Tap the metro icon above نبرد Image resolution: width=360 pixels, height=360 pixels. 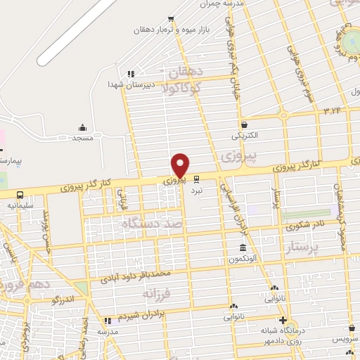click(x=197, y=179)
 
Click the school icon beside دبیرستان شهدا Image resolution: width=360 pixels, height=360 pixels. click(x=130, y=74)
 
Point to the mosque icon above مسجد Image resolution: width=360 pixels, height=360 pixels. click(x=83, y=127)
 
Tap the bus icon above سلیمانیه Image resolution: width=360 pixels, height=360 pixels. click(x=20, y=194)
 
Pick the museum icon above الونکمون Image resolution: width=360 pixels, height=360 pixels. click(x=243, y=248)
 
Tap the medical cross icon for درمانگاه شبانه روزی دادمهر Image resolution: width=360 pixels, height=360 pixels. click(x=283, y=321)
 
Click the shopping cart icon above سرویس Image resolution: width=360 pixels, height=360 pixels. click(x=352, y=328)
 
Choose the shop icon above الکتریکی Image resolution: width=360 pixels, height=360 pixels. click(x=243, y=124)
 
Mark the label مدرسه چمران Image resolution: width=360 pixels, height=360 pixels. click(x=223, y=4)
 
